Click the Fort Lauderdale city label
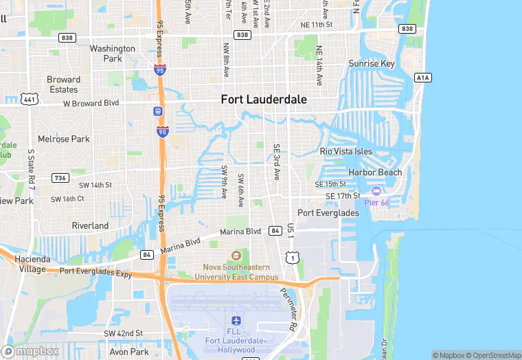point(264,100)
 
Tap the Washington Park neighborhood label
point(112,54)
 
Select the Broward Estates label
point(63,85)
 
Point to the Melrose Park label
point(64,139)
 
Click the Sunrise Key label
point(372,64)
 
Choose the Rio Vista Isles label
point(346,151)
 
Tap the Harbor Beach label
point(375,172)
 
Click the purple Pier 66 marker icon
point(376,190)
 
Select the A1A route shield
point(423,78)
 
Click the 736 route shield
point(60,178)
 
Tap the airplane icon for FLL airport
point(236,322)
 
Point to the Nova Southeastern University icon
point(237,256)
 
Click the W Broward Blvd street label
point(91,103)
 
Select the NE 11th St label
point(316,25)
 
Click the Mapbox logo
point(31,351)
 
